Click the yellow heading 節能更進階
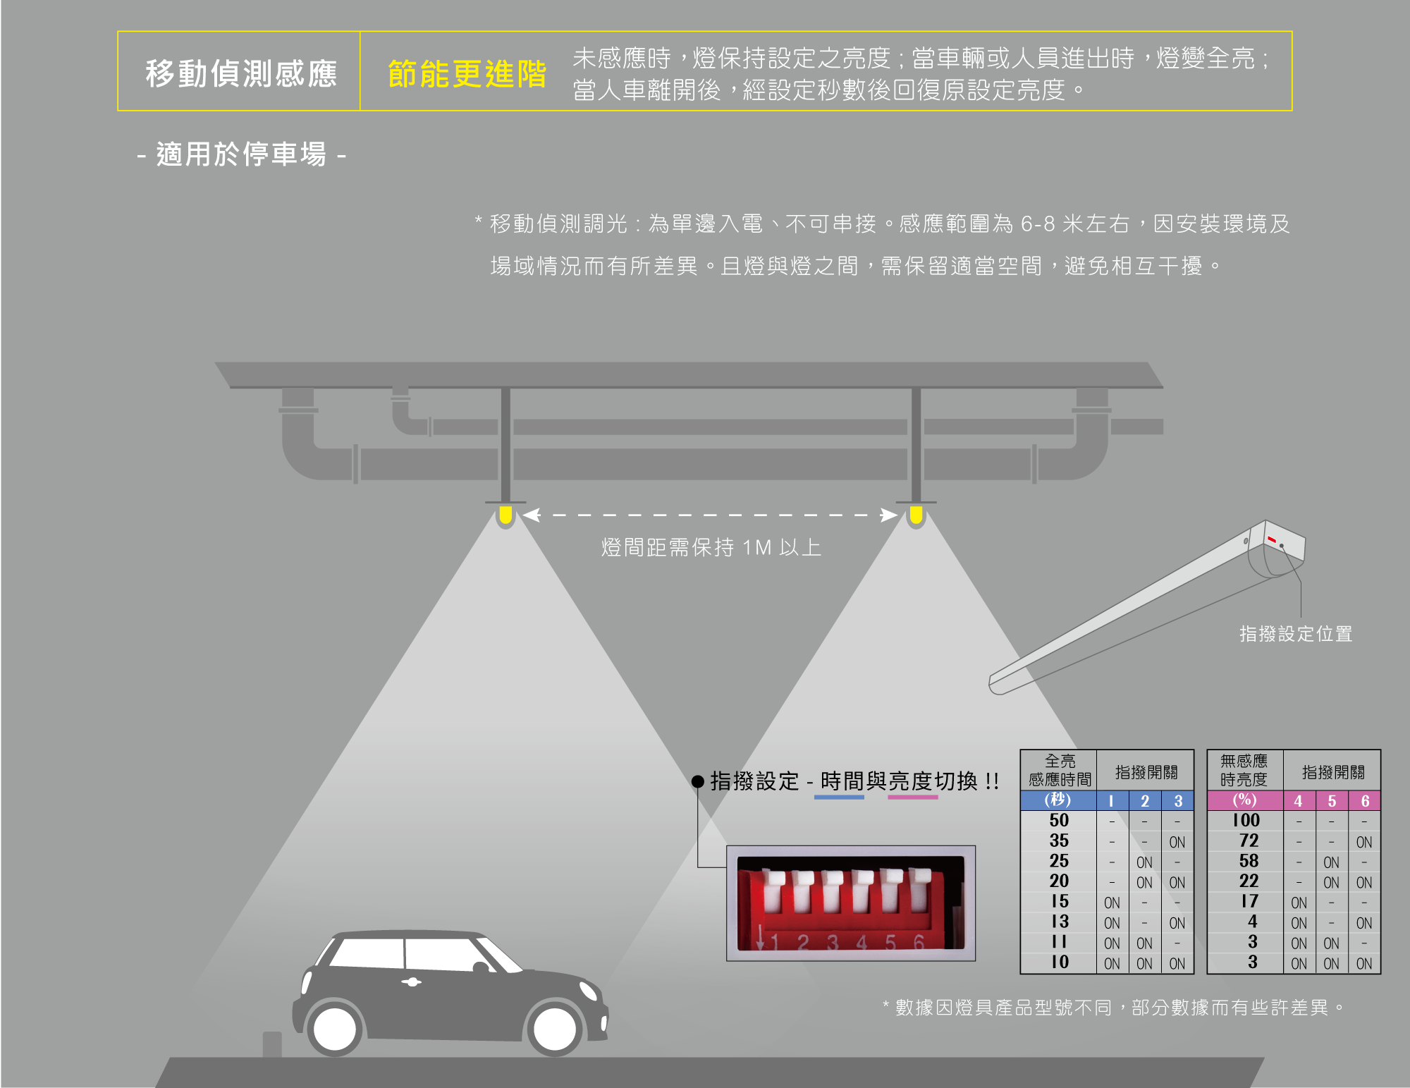coord(467,73)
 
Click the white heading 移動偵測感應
coord(241,73)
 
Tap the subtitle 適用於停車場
coord(241,154)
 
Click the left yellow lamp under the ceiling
coord(505,515)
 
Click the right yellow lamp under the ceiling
coord(916,515)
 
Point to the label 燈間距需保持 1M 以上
coord(711,547)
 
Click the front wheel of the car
coord(555,1029)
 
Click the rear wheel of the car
coord(334,1029)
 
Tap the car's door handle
coord(411,982)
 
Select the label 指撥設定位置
coord(1296,634)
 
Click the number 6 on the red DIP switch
coord(919,943)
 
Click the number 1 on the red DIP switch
coord(775,943)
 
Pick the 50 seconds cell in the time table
coord(1059,820)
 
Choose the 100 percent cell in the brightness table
coord(1246,820)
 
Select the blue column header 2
coord(1145,800)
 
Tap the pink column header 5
coord(1332,800)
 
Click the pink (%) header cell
coord(1244,800)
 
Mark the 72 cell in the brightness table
coord(1249,841)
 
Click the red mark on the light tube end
coord(1272,539)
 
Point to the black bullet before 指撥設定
coord(698,781)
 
